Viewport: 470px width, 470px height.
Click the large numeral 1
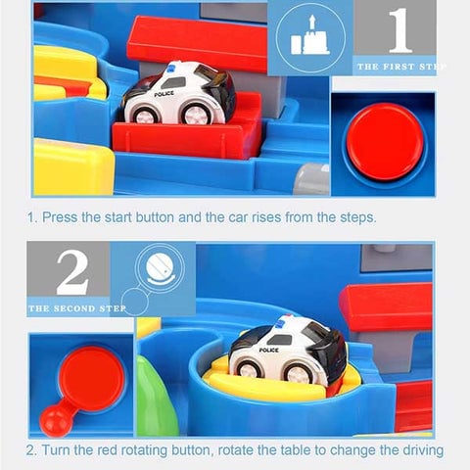(x=399, y=30)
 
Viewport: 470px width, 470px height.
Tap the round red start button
(x=384, y=141)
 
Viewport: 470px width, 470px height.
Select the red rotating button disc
(x=92, y=379)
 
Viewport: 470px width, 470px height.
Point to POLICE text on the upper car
(x=164, y=94)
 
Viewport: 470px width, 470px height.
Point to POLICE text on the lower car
(x=268, y=351)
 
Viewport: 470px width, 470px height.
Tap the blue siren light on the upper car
(x=171, y=69)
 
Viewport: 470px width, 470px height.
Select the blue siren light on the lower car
(x=280, y=322)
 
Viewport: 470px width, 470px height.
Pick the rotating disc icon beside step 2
(x=160, y=268)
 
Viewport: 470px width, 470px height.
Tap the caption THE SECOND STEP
(x=77, y=308)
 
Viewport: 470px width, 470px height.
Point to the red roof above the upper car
(x=198, y=44)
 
